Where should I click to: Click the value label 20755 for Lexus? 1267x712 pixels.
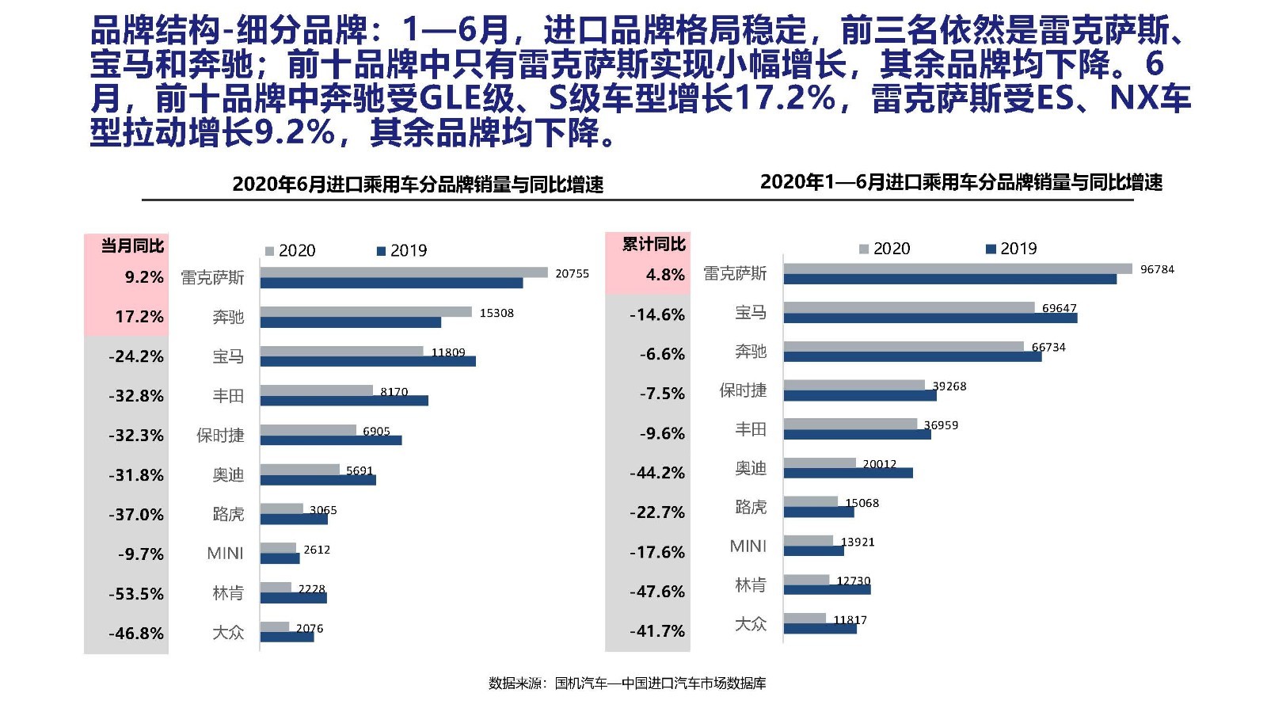point(572,274)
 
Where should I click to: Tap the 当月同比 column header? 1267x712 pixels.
point(131,246)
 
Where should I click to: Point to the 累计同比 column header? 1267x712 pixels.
point(653,245)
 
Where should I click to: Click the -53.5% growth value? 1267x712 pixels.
point(136,594)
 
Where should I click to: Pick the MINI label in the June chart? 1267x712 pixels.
point(225,554)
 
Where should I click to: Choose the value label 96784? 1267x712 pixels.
point(1157,270)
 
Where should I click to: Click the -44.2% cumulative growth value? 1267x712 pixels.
point(657,473)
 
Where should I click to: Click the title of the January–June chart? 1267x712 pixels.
point(961,183)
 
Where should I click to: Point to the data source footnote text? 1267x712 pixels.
point(627,683)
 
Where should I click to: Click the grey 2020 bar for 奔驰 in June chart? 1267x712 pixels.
point(366,312)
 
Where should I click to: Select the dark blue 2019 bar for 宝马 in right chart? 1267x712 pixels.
point(930,318)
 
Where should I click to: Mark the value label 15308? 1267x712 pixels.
point(497,314)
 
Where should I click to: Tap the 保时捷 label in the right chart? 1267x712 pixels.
point(742,390)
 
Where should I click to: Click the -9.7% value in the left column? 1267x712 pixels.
point(141,554)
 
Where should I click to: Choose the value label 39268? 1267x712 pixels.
point(949,386)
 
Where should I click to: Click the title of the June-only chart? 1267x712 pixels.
point(417,185)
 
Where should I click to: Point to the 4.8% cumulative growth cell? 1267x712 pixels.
point(665,275)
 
